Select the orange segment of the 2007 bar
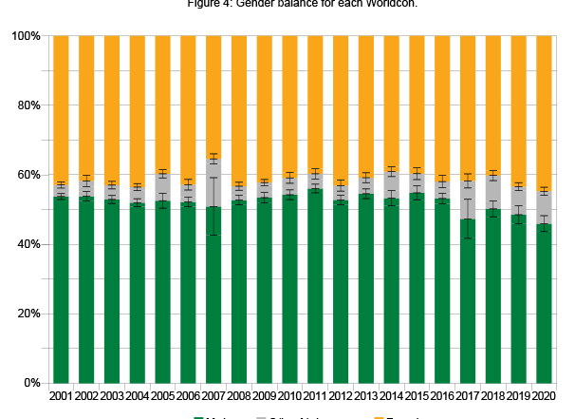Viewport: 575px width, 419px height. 213,95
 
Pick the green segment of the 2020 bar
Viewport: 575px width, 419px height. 544,304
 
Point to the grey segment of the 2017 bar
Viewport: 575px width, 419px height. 468,200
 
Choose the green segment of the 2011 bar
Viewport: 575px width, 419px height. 315,285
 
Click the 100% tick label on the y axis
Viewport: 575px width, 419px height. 26,36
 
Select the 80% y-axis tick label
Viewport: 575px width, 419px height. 28,105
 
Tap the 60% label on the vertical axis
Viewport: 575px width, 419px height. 28,175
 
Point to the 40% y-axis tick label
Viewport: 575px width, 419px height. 28,244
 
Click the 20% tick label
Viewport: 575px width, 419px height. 28,314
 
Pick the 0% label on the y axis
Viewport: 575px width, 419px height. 31,383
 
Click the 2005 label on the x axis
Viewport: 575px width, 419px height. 162,395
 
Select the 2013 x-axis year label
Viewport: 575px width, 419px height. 365,395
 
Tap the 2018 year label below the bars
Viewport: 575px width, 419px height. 492,395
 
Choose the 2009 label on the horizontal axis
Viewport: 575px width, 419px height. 264,395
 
